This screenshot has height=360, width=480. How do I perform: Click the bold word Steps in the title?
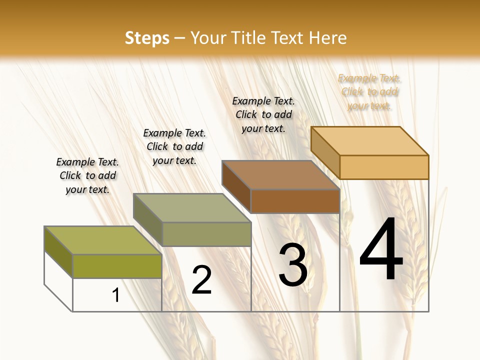tap(147, 38)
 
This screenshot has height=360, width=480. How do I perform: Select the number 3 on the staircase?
tap(293, 265)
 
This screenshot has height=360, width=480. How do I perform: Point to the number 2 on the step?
tap(202, 280)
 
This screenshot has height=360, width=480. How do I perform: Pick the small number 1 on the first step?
tap(116, 295)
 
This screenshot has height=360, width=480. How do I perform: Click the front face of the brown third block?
tap(295, 201)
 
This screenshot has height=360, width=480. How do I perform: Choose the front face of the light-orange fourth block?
tap(384, 167)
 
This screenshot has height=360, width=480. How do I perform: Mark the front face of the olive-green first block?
tap(117, 266)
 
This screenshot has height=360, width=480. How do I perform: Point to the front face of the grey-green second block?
tap(206, 234)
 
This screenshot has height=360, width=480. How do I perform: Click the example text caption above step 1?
tap(87, 175)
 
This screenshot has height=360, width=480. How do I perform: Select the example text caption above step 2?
tap(174, 146)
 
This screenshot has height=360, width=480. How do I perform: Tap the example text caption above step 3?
tap(263, 114)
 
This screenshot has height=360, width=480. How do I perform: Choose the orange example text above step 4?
tap(369, 91)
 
